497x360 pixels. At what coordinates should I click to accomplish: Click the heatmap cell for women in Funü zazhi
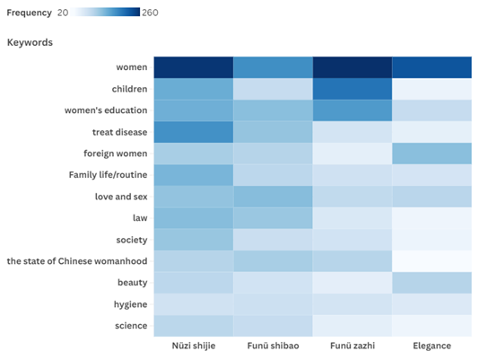pyautogui.click(x=353, y=67)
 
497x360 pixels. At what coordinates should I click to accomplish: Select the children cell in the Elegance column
pyautogui.click(x=432, y=89)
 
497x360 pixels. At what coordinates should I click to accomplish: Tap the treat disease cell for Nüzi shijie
pyautogui.click(x=194, y=132)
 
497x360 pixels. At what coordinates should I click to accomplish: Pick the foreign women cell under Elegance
pyautogui.click(x=432, y=154)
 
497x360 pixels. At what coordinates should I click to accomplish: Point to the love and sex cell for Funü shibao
pyautogui.click(x=273, y=197)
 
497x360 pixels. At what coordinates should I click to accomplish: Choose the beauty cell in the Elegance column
pyautogui.click(x=432, y=283)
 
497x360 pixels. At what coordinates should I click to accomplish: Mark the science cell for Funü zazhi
pyautogui.click(x=353, y=326)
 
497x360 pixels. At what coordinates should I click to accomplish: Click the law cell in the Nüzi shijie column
pyautogui.click(x=194, y=218)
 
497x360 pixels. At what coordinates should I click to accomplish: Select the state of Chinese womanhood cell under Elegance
pyautogui.click(x=432, y=261)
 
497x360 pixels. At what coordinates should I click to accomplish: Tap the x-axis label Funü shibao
pyautogui.click(x=273, y=346)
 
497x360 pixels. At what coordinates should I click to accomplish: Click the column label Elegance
pyautogui.click(x=432, y=346)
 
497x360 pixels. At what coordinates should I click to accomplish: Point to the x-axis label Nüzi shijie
pyautogui.click(x=194, y=346)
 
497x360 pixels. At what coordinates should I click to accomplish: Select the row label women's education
pyautogui.click(x=106, y=110)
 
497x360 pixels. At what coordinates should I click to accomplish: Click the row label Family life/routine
pyautogui.click(x=108, y=175)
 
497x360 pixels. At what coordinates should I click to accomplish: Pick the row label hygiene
pyautogui.click(x=131, y=304)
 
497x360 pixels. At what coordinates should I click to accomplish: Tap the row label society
pyautogui.click(x=132, y=240)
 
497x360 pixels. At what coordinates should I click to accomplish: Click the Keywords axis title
pyautogui.click(x=30, y=42)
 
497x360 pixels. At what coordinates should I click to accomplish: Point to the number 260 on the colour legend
pyautogui.click(x=150, y=13)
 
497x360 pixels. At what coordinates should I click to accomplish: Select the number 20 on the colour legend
pyautogui.click(x=63, y=13)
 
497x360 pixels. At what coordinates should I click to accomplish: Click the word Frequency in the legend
pyautogui.click(x=30, y=13)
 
